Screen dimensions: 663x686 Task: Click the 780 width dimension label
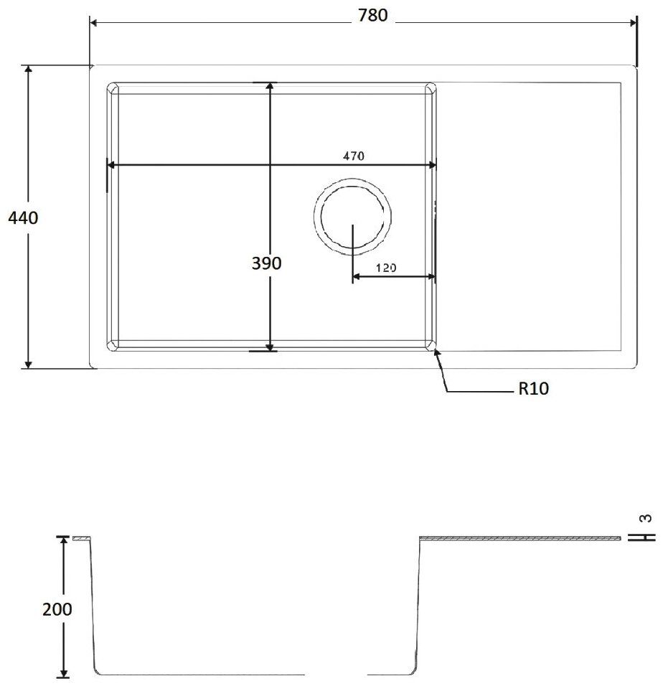click(x=372, y=15)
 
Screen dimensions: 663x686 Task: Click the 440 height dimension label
click(x=23, y=217)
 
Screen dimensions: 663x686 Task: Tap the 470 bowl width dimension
click(x=353, y=156)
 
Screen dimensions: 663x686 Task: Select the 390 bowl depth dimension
click(x=267, y=263)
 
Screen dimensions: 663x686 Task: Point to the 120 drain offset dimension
click(x=386, y=268)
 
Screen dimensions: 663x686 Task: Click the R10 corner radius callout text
click(x=533, y=388)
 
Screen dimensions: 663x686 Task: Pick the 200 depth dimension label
click(x=57, y=609)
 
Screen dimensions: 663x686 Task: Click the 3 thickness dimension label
click(x=646, y=518)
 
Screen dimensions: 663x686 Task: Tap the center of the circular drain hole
click(x=352, y=216)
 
